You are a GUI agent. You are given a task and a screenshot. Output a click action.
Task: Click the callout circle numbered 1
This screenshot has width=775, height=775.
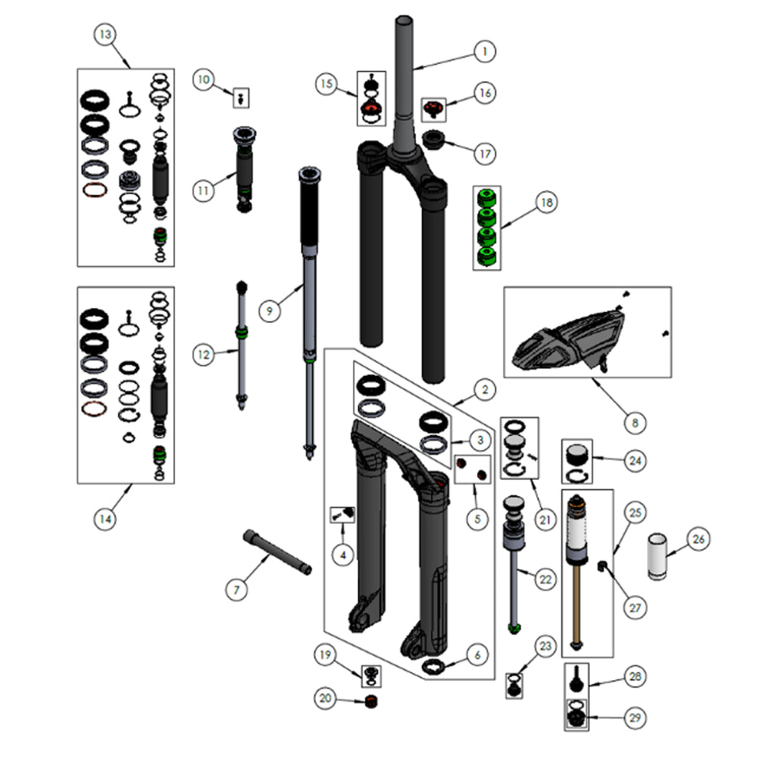[x=484, y=52]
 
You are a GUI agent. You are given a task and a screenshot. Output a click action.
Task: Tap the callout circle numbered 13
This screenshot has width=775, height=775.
[x=106, y=34]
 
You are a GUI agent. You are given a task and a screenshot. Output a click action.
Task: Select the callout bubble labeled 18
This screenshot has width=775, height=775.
[x=546, y=203]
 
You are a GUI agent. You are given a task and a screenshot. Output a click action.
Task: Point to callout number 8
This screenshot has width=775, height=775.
[x=634, y=423]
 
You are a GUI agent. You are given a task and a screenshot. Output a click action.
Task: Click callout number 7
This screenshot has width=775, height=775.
[x=236, y=590]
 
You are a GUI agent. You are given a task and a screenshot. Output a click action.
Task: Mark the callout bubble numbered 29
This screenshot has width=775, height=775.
[x=634, y=718]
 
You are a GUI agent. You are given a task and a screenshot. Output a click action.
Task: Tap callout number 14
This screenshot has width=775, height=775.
[x=105, y=517]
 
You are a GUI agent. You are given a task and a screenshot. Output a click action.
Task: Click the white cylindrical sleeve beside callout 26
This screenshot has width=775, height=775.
[x=658, y=556]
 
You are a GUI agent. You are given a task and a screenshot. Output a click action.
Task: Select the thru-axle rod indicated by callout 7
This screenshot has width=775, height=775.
[x=278, y=550]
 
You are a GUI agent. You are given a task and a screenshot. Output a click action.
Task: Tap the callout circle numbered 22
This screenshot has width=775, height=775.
[x=546, y=579]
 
